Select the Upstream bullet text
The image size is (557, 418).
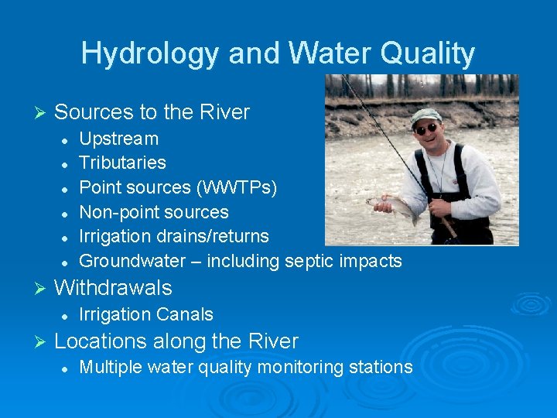(119, 139)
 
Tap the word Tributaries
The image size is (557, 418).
(122, 163)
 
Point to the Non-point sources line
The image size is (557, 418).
(154, 212)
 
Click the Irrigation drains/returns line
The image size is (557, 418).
(174, 236)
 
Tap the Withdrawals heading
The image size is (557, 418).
(113, 288)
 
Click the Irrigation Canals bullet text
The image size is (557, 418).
(146, 314)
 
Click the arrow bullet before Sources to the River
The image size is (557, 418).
(43, 113)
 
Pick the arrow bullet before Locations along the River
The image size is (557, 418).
(43, 341)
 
